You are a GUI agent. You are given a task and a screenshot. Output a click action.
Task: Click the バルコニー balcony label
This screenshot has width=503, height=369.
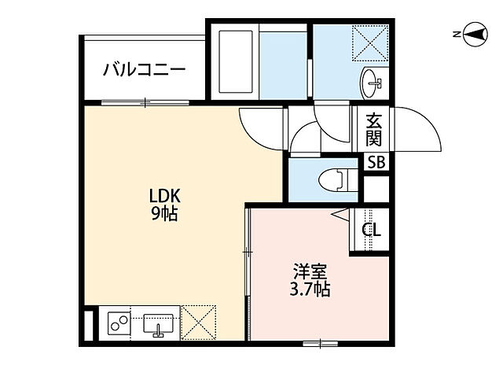pyautogui.click(x=145, y=69)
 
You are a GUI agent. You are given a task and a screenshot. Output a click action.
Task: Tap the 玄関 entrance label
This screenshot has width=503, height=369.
pyautogui.click(x=374, y=130)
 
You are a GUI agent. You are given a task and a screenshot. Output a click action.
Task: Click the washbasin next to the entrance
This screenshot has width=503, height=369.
pyautogui.click(x=372, y=80)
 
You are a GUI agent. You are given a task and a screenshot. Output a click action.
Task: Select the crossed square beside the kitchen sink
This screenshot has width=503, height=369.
pyautogui.click(x=203, y=323)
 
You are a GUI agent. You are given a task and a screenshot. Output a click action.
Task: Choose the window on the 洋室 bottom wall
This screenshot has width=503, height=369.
pyautogui.click(x=318, y=341)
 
